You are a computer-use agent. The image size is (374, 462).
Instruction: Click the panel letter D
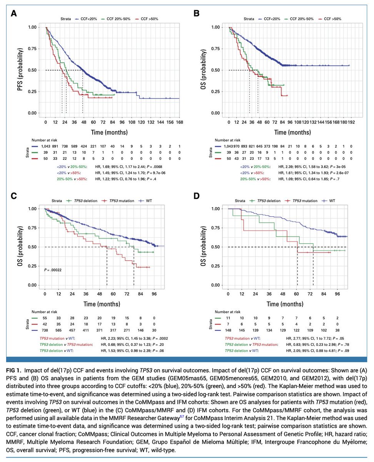(196, 196)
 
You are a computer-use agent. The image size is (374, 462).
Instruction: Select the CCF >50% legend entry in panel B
(332, 18)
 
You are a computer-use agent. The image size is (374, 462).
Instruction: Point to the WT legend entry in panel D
(331, 200)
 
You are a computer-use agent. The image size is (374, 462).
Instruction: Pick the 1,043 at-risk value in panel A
(45, 147)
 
